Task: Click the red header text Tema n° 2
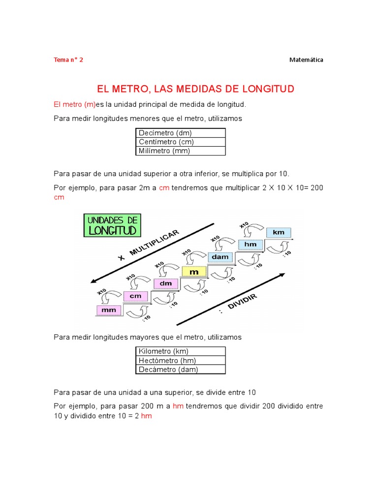68,60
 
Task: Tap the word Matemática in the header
306,60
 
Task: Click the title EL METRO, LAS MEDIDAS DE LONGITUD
195,89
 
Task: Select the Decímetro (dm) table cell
180,133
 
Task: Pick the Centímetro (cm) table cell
180,142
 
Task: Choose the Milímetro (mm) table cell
180,151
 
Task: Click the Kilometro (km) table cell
180,351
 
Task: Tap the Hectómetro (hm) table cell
180,360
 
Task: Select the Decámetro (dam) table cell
180,370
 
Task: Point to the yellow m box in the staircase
194,271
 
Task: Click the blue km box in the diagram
279,232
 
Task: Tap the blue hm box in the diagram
251,244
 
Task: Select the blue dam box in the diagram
220,257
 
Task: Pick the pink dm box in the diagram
166,283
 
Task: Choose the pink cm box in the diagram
135,296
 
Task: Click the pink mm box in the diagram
109,311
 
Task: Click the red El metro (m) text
74,105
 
